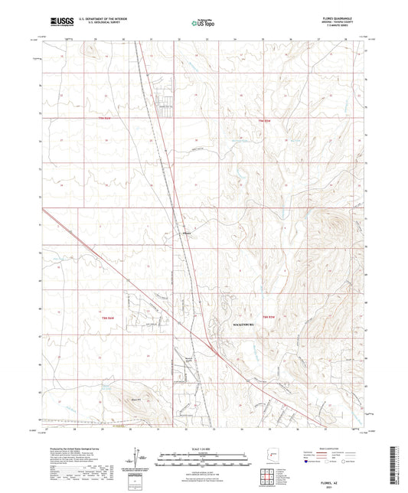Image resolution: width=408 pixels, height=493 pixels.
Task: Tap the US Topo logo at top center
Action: tap(204, 23)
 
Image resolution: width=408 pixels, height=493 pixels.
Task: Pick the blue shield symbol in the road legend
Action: tap(308, 462)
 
